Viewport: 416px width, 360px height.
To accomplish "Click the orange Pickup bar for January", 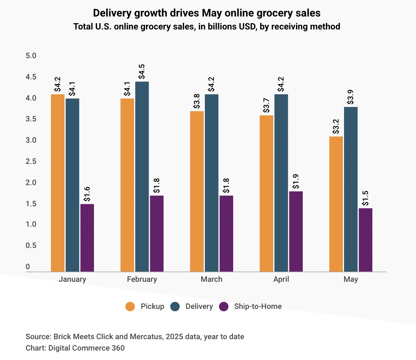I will (x=58, y=183).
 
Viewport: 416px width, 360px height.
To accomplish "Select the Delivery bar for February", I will (x=142, y=176).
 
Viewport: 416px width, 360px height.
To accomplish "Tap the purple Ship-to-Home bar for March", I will (x=226, y=233).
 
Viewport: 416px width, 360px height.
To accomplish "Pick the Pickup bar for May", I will (x=336, y=204).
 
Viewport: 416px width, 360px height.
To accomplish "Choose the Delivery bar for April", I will (x=281, y=183).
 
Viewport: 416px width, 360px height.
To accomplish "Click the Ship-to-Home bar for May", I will (x=365, y=240).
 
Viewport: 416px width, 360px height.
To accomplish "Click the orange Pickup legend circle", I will (x=130, y=307).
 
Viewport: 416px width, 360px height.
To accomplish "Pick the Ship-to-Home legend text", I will (x=258, y=307).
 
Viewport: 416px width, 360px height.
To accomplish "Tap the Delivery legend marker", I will (x=175, y=307).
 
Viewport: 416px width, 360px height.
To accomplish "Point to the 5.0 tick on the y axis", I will (x=31, y=56).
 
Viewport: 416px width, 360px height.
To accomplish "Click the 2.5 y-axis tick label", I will (x=31, y=162).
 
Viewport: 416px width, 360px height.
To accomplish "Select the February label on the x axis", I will (x=142, y=279).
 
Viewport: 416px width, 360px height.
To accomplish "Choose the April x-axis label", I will (x=281, y=279).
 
